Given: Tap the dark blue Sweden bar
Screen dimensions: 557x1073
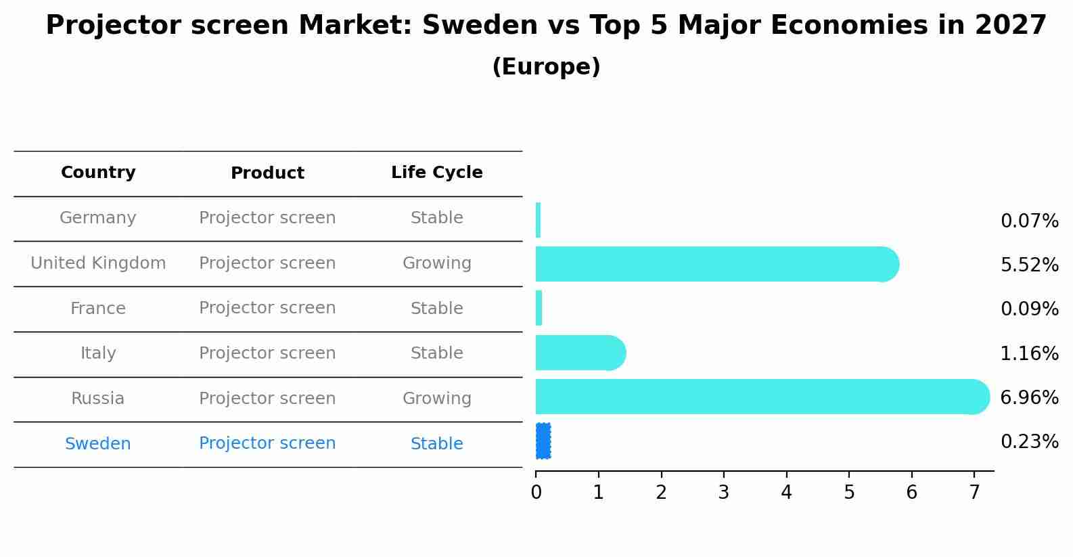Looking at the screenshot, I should (543, 441).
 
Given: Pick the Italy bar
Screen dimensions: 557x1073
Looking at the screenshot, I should (578, 353).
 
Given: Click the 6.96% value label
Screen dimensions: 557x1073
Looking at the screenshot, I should (1029, 397).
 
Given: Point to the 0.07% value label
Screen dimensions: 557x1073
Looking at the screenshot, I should (1029, 221).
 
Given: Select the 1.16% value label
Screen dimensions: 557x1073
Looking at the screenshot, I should (1029, 353).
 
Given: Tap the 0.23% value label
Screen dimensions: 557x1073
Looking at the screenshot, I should (1029, 442).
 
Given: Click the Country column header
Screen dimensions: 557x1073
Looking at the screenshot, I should (98, 173).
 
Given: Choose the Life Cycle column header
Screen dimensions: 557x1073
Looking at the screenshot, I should (436, 173).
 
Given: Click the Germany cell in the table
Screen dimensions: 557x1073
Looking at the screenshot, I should (98, 218).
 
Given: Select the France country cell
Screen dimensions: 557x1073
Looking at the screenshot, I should (98, 309).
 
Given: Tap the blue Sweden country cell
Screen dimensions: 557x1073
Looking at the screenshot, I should (98, 444).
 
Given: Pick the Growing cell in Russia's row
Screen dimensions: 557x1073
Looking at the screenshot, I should (436, 399).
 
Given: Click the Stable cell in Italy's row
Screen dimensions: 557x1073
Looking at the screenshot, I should (436, 353).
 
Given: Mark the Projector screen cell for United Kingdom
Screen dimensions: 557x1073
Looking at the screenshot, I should (267, 263).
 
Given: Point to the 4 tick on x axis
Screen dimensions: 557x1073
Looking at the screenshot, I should (786, 493).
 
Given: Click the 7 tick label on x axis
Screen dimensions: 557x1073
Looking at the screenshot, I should (974, 493).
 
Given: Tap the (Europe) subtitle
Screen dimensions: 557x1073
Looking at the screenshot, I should (546, 67).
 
